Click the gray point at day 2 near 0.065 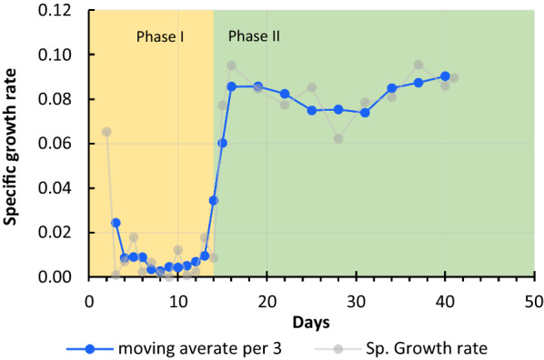[106, 132]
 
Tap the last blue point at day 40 [445, 76]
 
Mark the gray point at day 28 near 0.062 [338, 138]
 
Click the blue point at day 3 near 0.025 [116, 222]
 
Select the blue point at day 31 [365, 113]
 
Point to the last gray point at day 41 [454, 78]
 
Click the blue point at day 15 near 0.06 [223, 143]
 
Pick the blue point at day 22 [285, 94]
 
